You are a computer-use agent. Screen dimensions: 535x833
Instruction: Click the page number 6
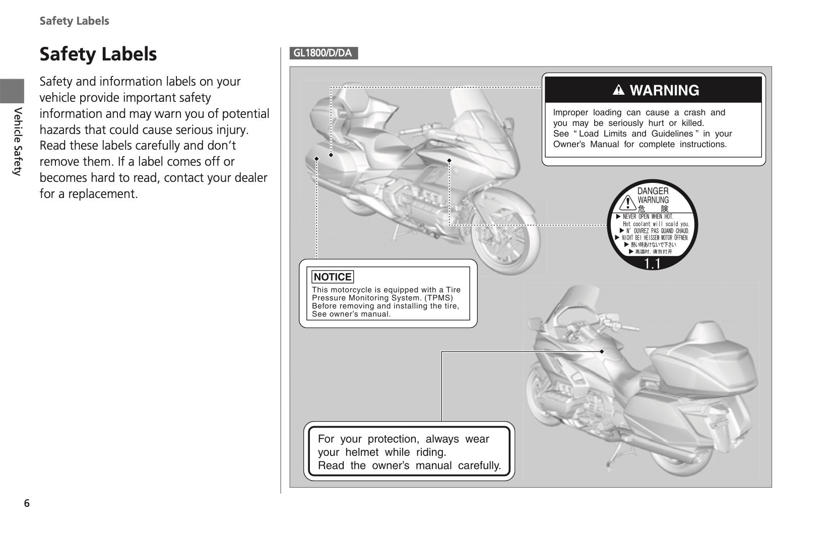tap(27, 503)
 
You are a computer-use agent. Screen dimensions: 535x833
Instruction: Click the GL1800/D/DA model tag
tap(323, 53)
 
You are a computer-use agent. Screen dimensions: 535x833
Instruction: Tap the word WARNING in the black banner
tap(664, 90)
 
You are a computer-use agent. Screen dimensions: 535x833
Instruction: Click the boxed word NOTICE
tap(333, 277)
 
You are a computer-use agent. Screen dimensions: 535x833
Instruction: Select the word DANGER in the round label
tap(653, 191)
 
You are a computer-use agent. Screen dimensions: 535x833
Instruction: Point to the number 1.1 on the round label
tap(652, 263)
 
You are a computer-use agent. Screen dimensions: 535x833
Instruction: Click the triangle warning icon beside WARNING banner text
tap(618, 91)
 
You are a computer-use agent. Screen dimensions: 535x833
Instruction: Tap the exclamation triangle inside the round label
tap(627, 203)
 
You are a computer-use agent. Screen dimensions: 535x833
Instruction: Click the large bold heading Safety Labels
tap(98, 54)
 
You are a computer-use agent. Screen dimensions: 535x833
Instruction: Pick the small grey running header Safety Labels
tap(74, 21)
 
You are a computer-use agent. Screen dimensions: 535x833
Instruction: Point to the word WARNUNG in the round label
tap(653, 200)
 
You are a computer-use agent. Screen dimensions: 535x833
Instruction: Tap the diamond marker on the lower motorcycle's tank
tap(602, 351)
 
